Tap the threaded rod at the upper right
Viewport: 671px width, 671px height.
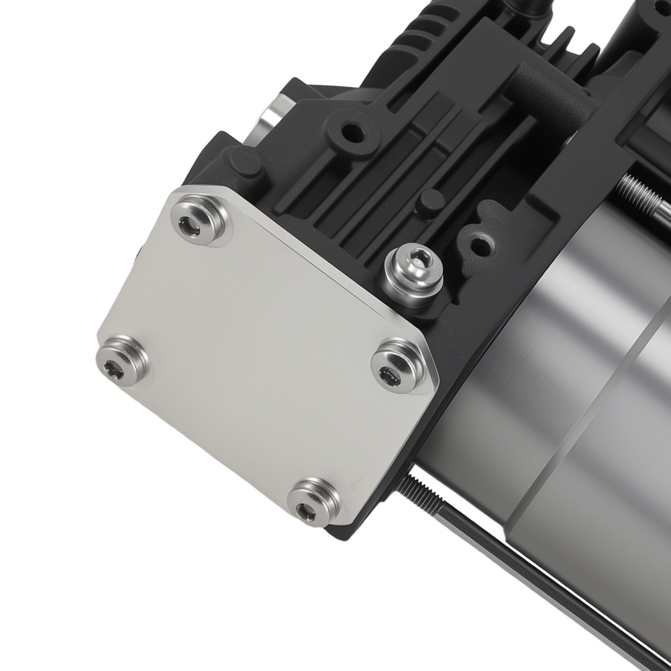(644, 195)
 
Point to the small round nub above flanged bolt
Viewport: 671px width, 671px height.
(431, 201)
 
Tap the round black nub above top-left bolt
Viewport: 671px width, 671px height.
(242, 162)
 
